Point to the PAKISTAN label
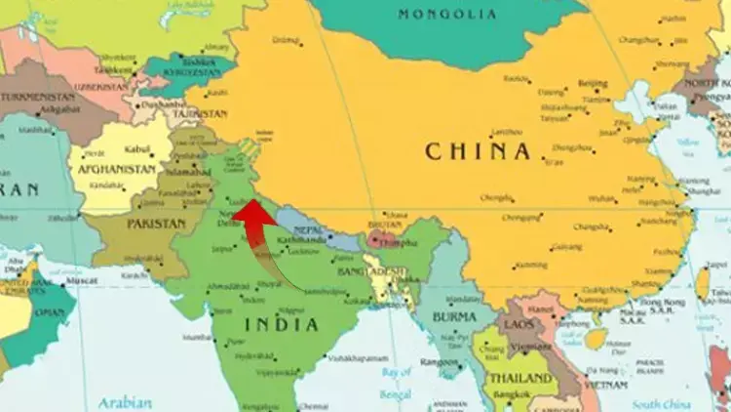156,224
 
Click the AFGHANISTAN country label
117,169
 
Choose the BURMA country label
453,316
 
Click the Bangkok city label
509,395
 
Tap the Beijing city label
593,84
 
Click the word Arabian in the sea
125,402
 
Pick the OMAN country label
48,314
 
